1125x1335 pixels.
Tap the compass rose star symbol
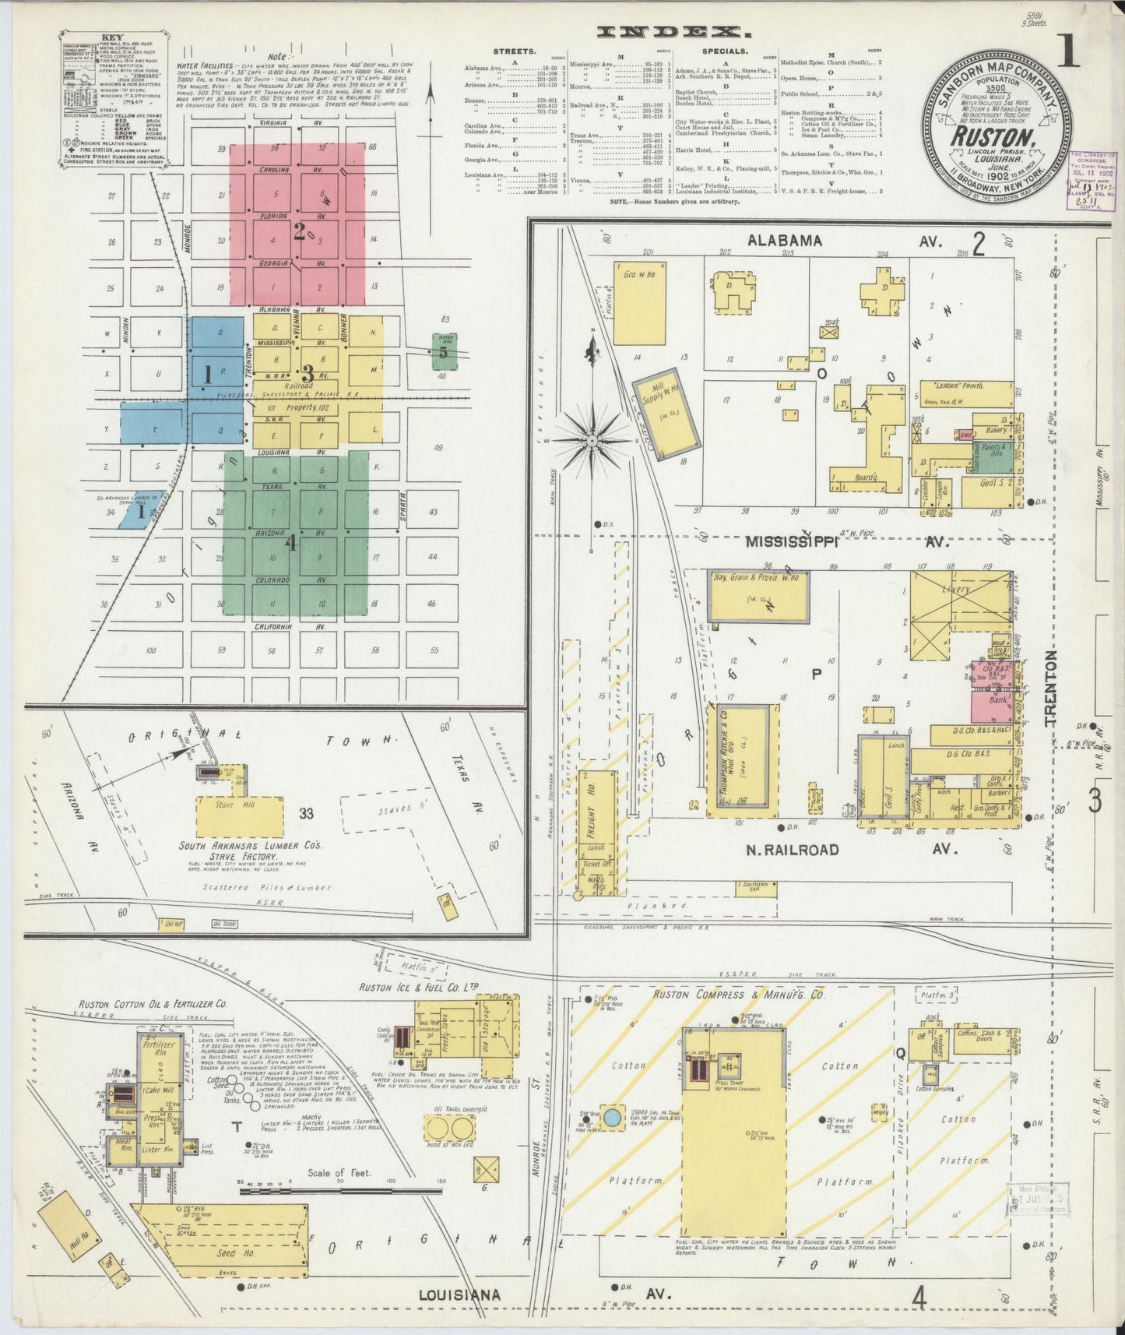pos(592,441)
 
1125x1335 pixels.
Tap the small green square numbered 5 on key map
pos(445,351)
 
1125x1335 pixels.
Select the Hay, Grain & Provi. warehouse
pos(758,597)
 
